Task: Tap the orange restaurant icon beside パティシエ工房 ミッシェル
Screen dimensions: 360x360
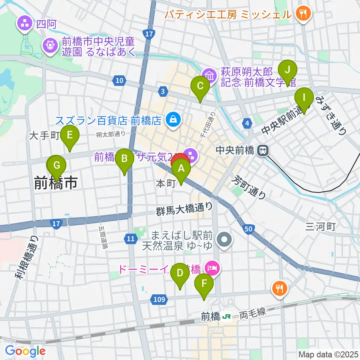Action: [302, 15]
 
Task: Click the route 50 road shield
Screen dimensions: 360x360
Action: [250, 229]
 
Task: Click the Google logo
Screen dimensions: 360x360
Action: [25, 351]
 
